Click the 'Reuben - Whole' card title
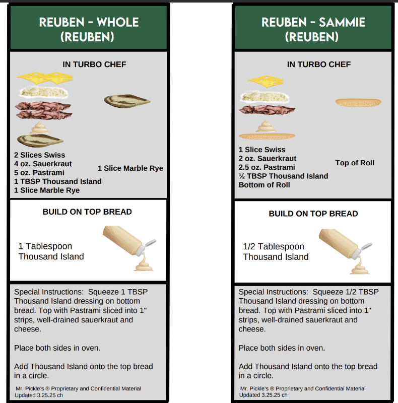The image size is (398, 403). (x=89, y=29)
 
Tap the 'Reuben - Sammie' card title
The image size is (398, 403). (x=313, y=29)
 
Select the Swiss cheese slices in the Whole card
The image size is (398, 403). (x=45, y=78)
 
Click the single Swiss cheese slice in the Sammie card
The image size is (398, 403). (x=266, y=82)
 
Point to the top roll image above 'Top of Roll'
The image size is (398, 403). (x=358, y=102)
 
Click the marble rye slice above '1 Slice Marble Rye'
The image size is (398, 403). (x=127, y=101)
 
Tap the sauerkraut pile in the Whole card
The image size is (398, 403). (x=44, y=92)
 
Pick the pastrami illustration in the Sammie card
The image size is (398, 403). (x=267, y=110)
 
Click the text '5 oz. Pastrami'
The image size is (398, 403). (x=39, y=172)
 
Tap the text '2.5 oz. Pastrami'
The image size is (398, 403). (x=267, y=167)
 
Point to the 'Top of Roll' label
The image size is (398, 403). (x=355, y=163)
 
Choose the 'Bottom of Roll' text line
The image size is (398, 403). (x=264, y=185)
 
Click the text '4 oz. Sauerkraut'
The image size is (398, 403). (x=43, y=164)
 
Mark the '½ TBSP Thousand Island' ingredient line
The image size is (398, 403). (x=283, y=176)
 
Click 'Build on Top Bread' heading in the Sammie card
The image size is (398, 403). (x=313, y=214)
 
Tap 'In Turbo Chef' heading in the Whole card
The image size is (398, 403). (x=94, y=64)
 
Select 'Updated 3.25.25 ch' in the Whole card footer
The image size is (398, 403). (x=39, y=395)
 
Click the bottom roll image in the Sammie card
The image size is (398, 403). (x=267, y=136)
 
